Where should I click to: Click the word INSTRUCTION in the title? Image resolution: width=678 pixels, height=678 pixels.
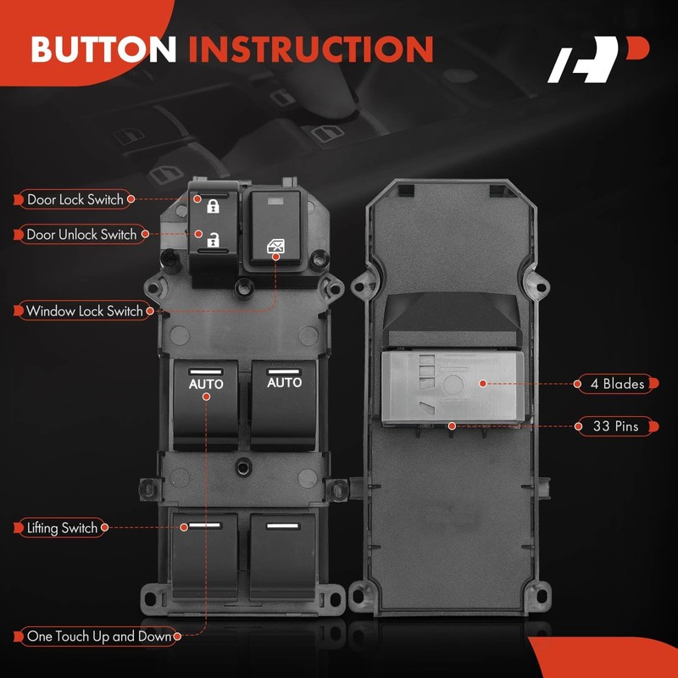coord(310,48)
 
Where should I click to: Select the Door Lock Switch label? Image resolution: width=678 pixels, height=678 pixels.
coord(75,200)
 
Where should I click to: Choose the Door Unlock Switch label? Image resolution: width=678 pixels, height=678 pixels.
coord(81,235)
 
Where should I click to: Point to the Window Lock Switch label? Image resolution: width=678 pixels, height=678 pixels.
coord(84,311)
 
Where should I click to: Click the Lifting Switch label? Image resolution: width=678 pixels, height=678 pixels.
coord(62,528)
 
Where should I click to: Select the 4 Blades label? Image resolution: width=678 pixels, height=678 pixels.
coord(617,384)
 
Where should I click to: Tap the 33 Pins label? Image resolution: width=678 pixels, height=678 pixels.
coord(616,426)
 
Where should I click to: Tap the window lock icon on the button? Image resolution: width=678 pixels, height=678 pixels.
coord(276,247)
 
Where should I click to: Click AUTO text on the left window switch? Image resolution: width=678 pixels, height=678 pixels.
coord(206,384)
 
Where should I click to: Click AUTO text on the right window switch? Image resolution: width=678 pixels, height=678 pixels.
coord(284,383)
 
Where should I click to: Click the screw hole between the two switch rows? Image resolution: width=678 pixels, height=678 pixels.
coord(245,464)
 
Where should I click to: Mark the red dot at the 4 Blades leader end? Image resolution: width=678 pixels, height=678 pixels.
coord(482,384)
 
